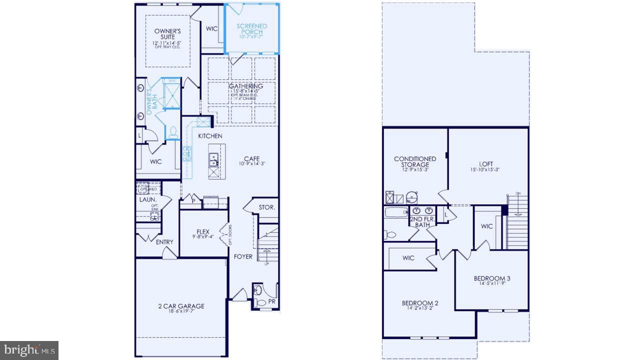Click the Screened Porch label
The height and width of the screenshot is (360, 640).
tap(251, 29)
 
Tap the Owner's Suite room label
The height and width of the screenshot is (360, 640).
tap(167, 34)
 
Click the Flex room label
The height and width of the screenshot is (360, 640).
tap(202, 231)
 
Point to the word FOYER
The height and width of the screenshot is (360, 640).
tap(243, 256)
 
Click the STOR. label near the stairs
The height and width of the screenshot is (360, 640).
tap(266, 207)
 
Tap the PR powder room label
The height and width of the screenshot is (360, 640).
tap(271, 301)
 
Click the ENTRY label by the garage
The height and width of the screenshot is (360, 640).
tap(164, 242)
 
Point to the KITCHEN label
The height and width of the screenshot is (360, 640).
tap(210, 136)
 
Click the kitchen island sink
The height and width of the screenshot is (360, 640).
tap(213, 159)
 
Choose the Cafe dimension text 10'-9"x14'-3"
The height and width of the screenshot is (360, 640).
tap(251, 163)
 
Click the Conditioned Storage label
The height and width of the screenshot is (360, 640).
tap(415, 161)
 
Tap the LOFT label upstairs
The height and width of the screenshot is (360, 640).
tap(485, 164)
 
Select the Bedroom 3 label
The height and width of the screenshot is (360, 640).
tap(492, 278)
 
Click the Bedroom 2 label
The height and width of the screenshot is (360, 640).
tap(420, 303)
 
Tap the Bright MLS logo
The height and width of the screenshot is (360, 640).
tap(29, 349)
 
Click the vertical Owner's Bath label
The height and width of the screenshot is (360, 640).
tap(149, 102)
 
